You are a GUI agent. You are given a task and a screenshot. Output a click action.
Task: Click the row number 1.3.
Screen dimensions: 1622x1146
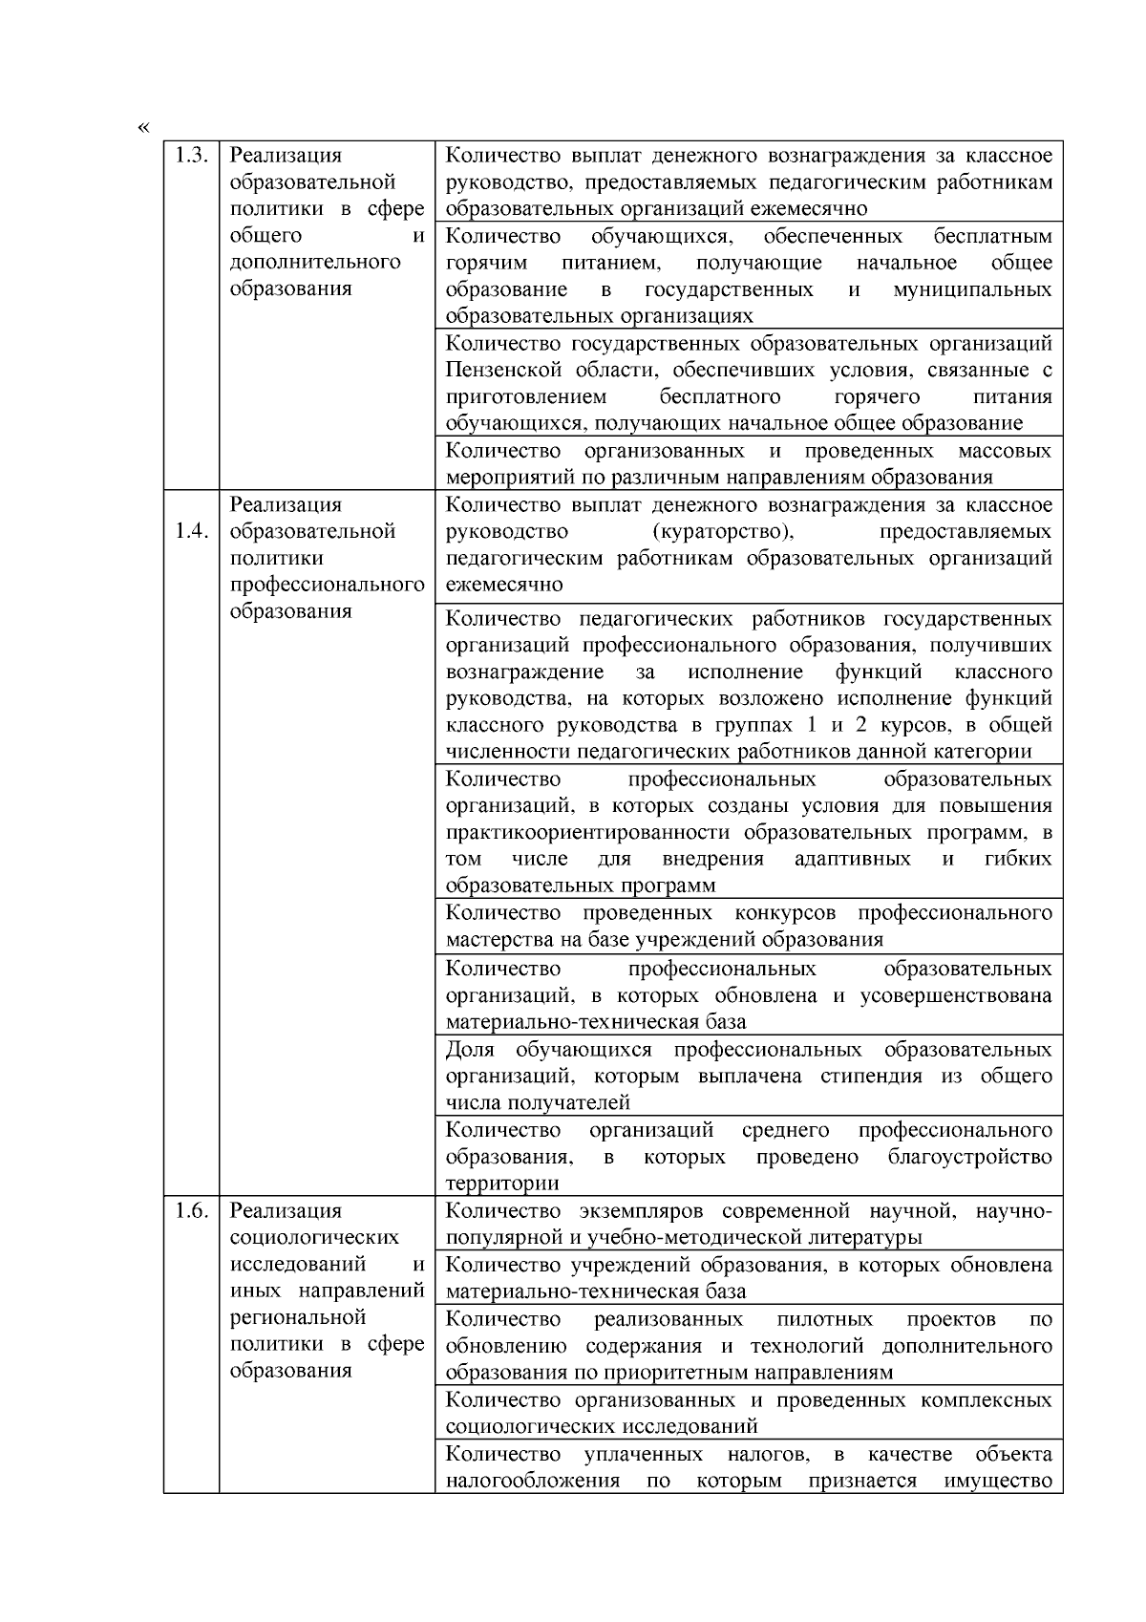tap(191, 156)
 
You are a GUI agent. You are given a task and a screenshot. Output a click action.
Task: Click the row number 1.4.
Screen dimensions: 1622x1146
tap(191, 531)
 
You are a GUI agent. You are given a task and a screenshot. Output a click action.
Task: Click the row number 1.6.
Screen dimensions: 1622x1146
tap(191, 1211)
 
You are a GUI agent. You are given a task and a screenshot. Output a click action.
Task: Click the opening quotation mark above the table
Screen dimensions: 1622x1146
tap(143, 127)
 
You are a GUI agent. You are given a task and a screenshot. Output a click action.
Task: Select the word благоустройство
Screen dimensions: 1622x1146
tap(970, 1157)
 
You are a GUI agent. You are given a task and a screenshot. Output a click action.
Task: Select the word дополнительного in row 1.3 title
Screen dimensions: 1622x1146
tap(315, 262)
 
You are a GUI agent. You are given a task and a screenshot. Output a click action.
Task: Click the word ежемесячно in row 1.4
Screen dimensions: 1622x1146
tap(504, 585)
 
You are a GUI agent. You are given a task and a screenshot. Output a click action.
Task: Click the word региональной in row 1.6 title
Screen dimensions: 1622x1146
tap(298, 1318)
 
